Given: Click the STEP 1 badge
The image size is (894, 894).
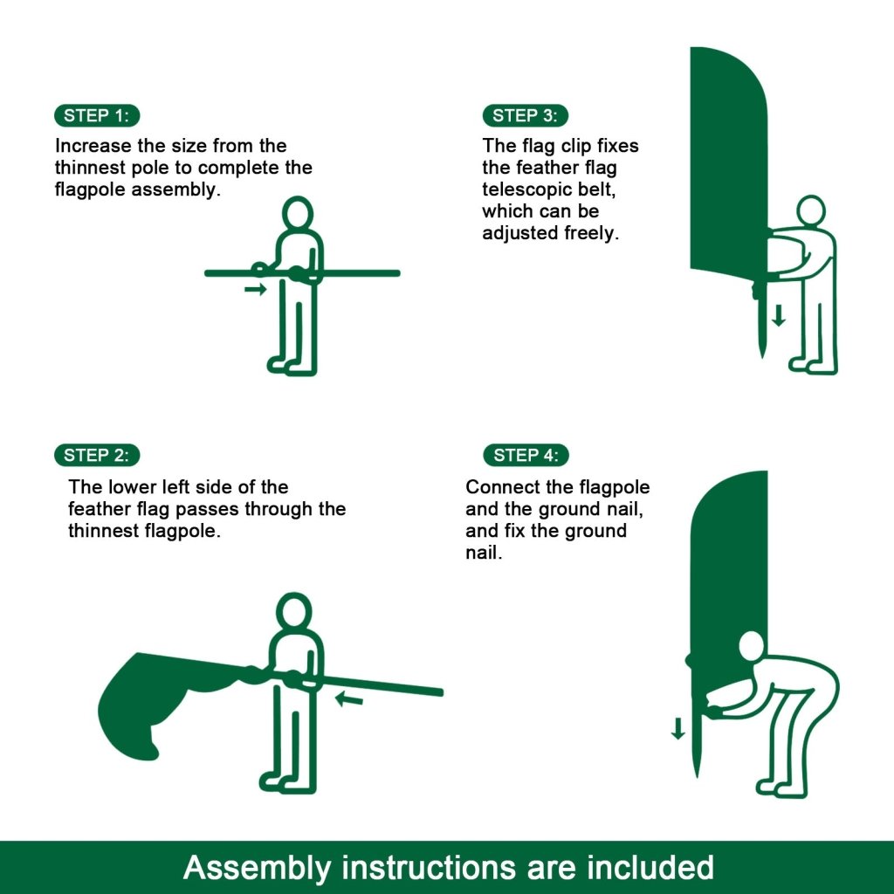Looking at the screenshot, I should tap(97, 115).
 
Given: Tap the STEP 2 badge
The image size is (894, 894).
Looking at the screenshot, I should tap(97, 455).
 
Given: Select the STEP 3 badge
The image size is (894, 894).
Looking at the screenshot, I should tap(525, 115).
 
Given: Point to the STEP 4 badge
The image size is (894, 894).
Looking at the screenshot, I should tap(526, 455).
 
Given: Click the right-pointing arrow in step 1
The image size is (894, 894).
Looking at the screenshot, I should tap(256, 289).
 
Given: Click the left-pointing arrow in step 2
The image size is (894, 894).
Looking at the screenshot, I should tap(349, 698).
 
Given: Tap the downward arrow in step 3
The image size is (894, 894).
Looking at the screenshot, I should tap(779, 315).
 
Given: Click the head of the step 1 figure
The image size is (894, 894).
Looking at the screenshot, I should tap(299, 214).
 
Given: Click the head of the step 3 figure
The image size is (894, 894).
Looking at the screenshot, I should tap(811, 210).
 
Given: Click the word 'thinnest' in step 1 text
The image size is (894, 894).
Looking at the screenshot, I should tap(89, 168).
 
